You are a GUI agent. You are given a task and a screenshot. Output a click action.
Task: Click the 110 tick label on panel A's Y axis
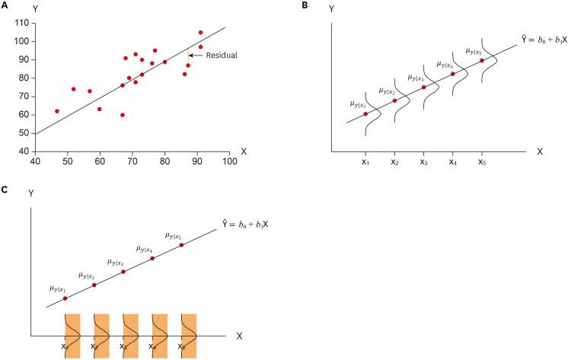click(21, 23)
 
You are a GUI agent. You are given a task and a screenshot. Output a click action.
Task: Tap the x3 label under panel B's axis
click(423, 162)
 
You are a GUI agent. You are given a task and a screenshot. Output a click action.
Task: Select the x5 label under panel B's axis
click(481, 162)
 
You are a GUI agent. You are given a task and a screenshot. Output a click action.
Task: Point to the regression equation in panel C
click(252, 225)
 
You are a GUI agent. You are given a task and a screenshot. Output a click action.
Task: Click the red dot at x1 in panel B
click(365, 114)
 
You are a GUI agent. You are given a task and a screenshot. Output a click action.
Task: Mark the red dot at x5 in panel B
click(482, 61)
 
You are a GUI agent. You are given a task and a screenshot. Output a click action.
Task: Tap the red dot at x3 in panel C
click(123, 272)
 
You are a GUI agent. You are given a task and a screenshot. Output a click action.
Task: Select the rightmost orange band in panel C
click(189, 335)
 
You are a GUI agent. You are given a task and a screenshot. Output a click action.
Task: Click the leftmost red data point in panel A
click(57, 111)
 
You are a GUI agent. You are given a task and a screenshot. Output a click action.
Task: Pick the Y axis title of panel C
click(30, 195)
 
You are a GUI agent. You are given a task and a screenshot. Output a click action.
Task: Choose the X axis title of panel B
click(539, 151)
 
